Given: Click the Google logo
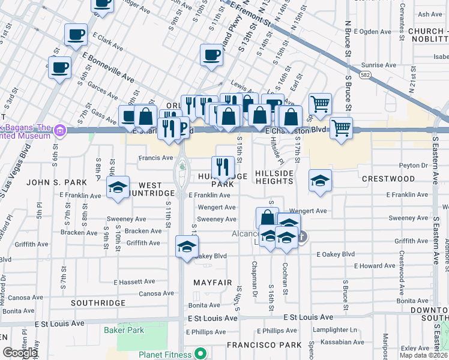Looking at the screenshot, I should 19,353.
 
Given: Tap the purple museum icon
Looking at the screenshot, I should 59,130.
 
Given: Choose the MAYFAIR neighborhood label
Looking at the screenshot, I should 212,282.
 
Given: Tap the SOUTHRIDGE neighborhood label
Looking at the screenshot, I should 98,304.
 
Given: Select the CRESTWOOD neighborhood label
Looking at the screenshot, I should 388,179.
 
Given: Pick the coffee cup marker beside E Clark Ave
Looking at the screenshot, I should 76,35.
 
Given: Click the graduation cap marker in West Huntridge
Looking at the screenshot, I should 118,187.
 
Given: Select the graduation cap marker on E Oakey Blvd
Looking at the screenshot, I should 187,246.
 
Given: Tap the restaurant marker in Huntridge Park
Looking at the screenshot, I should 223,166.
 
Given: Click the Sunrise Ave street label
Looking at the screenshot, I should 379,65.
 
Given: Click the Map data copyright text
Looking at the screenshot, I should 423,355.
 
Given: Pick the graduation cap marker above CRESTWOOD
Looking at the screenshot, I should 321,180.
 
